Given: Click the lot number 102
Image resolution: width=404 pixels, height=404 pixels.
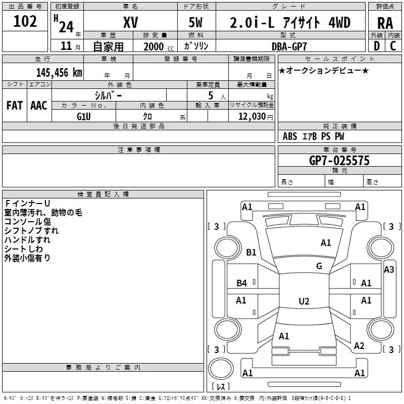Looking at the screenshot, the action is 25,21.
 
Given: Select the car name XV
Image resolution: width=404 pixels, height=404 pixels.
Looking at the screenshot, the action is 131,22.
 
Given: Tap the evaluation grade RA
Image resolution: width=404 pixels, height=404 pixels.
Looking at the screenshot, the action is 385,23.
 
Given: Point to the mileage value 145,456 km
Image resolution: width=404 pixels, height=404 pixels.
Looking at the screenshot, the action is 59,73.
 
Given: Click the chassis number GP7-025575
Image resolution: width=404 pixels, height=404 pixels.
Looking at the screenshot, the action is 339,161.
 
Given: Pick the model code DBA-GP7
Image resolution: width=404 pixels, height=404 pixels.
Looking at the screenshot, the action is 289,46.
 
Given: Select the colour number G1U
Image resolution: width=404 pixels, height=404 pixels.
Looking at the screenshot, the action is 84,117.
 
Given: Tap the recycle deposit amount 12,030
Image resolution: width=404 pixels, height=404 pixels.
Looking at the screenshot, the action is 251,117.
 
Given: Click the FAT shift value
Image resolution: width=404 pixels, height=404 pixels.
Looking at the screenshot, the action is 15,106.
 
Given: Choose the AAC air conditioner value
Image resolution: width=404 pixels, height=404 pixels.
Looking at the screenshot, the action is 39,106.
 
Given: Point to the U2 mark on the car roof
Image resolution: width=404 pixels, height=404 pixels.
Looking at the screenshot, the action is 304,301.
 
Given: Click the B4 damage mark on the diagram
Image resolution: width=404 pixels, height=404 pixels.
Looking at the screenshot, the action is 242,283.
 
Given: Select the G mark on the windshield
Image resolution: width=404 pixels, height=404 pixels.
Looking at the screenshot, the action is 319,266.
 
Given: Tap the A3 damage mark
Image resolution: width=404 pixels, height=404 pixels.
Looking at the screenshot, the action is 389,270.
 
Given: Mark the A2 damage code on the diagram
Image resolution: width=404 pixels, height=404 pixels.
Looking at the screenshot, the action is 359,345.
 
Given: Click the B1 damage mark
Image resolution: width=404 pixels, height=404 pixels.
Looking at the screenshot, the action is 251,252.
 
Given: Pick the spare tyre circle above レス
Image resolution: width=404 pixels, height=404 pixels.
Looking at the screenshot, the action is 221,369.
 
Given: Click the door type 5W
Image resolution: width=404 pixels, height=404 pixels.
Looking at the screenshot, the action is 195,22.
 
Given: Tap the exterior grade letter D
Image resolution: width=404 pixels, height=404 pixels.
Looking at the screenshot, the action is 377,46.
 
